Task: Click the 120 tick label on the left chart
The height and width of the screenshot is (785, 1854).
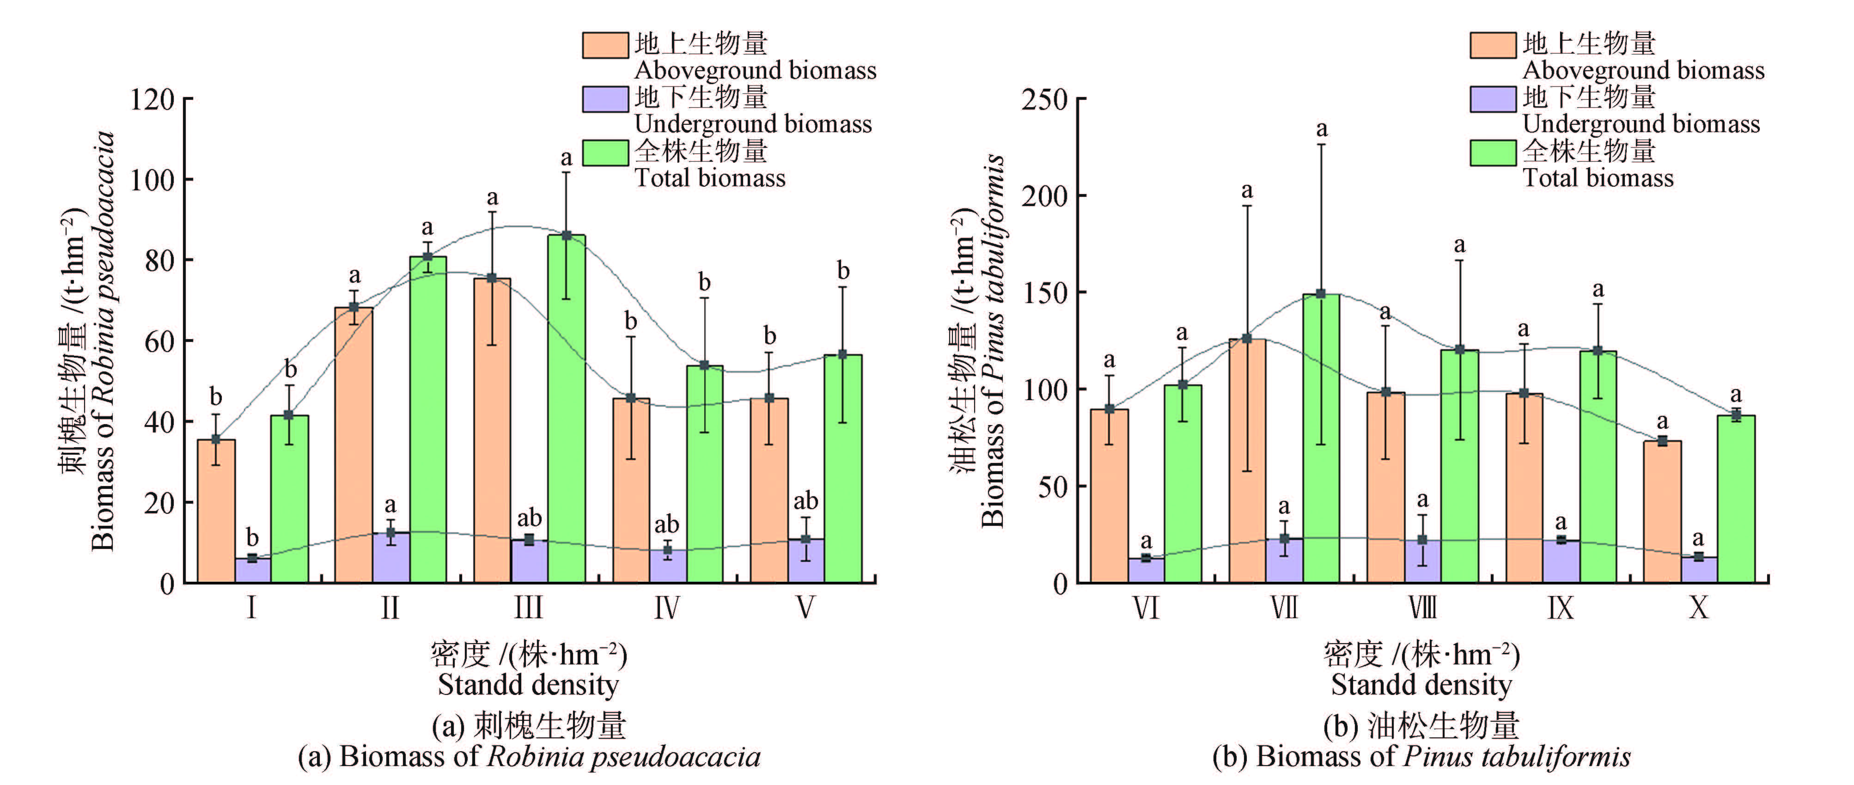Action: tap(152, 99)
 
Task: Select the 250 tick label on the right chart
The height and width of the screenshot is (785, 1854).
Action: tap(1044, 99)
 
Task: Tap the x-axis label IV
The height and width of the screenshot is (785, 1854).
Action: tap(666, 608)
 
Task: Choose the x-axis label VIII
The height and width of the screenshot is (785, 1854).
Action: tap(1422, 608)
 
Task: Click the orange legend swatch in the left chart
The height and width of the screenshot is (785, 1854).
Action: tap(604, 45)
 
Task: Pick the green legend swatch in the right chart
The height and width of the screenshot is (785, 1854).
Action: tap(1493, 152)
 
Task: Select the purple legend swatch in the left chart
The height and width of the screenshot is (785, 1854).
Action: tap(604, 98)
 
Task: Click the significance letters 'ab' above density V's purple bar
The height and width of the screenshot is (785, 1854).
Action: tap(805, 500)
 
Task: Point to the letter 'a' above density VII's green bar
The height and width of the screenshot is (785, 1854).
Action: tap(1321, 129)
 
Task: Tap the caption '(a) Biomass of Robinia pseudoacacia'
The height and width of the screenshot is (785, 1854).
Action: tap(529, 757)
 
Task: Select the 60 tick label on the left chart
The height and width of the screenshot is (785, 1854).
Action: tap(159, 341)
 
